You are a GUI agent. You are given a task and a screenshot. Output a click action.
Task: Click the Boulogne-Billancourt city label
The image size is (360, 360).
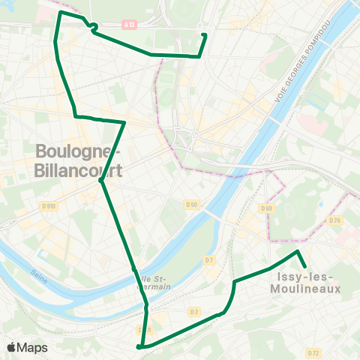[78, 160]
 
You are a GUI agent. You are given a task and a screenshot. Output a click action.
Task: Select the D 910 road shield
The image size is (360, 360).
[49, 205]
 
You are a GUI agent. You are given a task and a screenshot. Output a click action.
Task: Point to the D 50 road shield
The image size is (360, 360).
[192, 204]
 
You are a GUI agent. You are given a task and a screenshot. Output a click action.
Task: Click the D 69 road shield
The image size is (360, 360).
[266, 208]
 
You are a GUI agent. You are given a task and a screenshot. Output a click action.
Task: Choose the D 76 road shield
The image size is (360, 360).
[335, 220]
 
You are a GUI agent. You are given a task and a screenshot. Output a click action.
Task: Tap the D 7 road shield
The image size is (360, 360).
[209, 260]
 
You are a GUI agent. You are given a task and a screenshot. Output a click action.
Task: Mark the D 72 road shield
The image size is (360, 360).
[313, 352]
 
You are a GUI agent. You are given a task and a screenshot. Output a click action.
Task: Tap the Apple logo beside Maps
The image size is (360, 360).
[12, 347]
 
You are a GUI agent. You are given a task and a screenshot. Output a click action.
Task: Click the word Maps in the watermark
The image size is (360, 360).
[32, 347]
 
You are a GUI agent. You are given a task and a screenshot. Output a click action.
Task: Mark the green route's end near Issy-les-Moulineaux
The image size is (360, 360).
[305, 266]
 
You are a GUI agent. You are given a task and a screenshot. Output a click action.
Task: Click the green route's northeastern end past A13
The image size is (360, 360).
[205, 34]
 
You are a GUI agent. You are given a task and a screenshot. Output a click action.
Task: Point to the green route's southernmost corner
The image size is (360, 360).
[139, 347]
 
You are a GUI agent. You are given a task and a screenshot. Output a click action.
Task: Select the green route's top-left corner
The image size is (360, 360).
[60, 12]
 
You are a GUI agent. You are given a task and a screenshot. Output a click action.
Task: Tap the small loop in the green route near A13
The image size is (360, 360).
[94, 28]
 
